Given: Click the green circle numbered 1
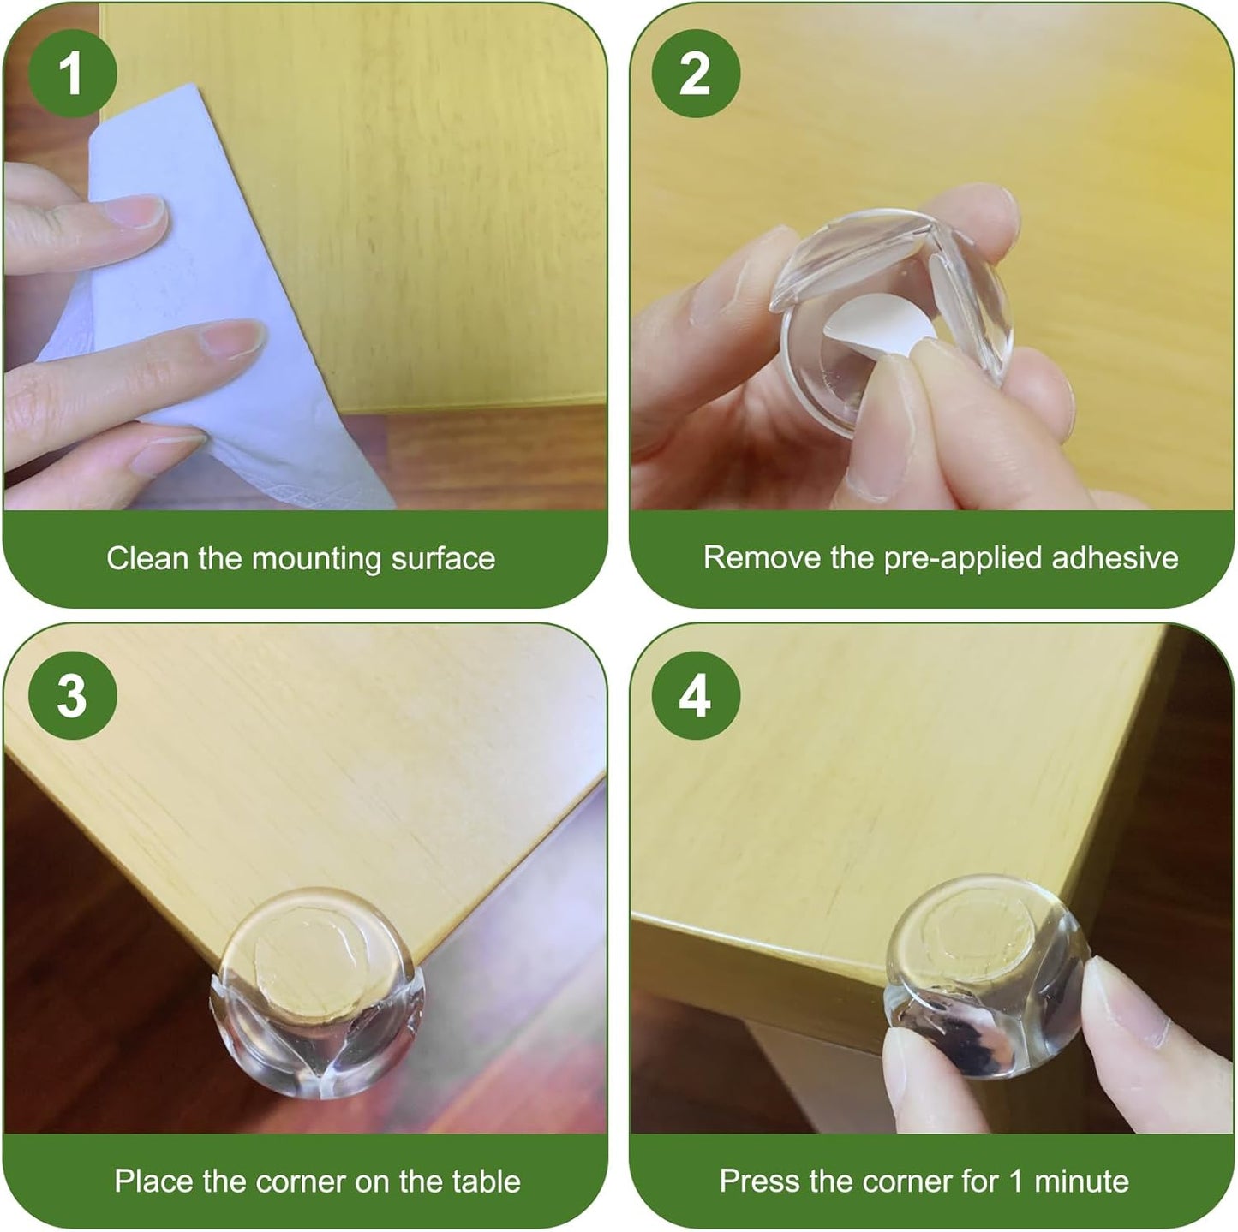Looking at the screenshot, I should (72, 74).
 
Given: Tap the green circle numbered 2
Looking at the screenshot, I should (695, 74).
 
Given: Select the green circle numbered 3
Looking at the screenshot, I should (72, 696).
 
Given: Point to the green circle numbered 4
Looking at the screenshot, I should (695, 696).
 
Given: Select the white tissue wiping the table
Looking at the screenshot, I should (223, 342).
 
